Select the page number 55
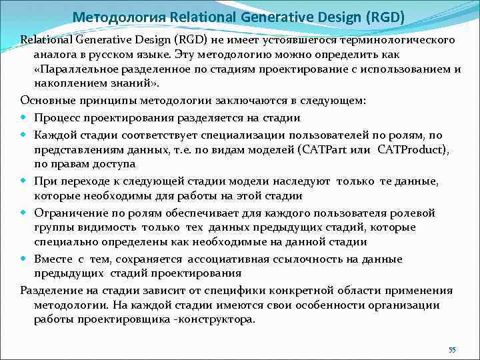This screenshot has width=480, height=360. click(x=452, y=350)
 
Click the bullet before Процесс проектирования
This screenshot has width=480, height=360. click(x=24, y=118)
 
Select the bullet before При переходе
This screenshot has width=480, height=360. click(x=24, y=181)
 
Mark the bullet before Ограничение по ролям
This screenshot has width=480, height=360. click(x=24, y=213)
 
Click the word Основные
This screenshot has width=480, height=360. click(x=45, y=101)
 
